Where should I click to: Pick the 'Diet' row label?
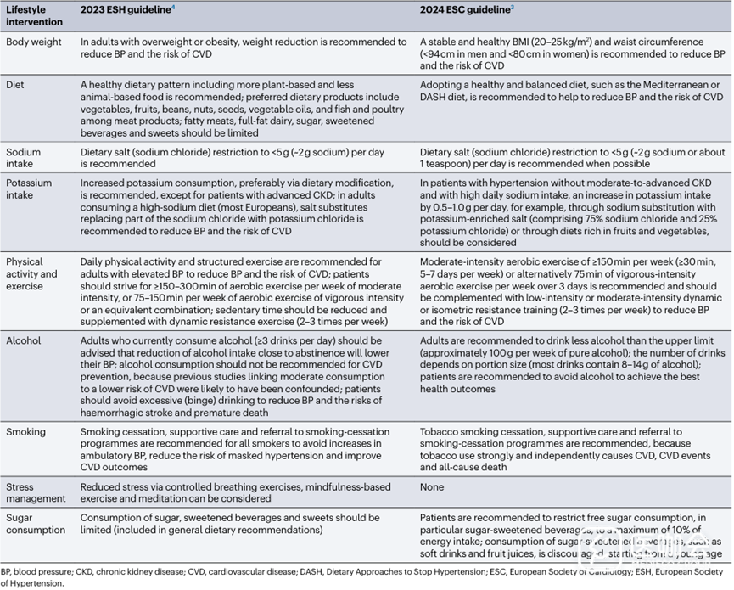click(16, 85)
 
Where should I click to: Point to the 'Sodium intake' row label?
click(24, 159)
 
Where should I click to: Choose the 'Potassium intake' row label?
click(29, 188)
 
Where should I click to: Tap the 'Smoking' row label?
click(26, 432)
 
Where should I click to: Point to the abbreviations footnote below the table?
click(365, 577)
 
